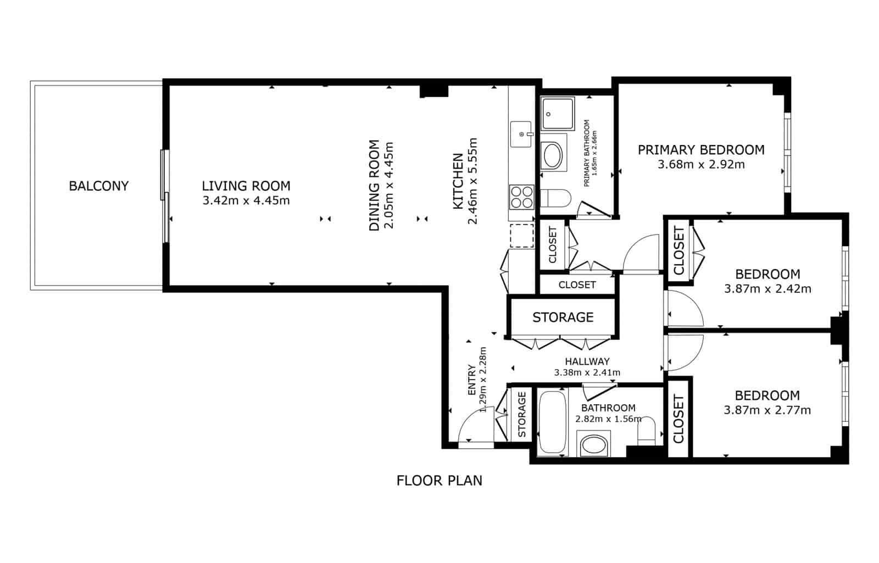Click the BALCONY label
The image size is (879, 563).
(x=99, y=186)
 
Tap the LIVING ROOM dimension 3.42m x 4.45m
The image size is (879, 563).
(x=246, y=200)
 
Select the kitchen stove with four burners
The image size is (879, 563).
(x=521, y=197)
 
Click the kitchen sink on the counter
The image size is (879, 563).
(x=521, y=134)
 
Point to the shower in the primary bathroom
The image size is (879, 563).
(x=557, y=114)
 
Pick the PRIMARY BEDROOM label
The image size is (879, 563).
(x=701, y=149)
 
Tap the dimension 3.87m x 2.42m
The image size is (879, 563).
(x=767, y=288)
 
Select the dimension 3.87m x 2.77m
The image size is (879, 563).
(x=767, y=410)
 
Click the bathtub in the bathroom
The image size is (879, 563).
(x=552, y=422)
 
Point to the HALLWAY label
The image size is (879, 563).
(x=587, y=361)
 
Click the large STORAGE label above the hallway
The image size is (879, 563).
(x=563, y=317)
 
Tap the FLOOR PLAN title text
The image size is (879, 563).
(x=439, y=481)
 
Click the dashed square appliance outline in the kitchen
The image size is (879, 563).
(x=522, y=235)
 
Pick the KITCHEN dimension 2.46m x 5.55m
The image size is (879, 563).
(x=472, y=181)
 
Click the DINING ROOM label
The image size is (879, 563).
(x=374, y=186)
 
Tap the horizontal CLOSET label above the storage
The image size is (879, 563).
(x=577, y=285)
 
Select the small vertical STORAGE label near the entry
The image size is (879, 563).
(x=522, y=414)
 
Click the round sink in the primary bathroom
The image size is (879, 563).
(x=553, y=156)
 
